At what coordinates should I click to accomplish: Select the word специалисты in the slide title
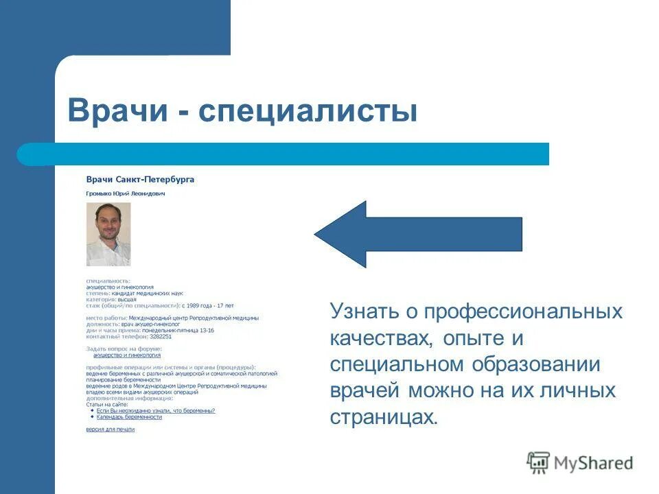tap(308, 111)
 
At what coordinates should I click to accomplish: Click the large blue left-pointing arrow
tap(418, 234)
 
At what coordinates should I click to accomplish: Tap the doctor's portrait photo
tap(108, 234)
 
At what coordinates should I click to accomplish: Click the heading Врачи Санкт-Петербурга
tap(140, 180)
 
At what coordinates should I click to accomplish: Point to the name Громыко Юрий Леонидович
tap(126, 193)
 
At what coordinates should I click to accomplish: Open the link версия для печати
tap(110, 430)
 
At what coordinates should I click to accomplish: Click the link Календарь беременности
tap(129, 417)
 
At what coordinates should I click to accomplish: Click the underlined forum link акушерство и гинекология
tap(127, 355)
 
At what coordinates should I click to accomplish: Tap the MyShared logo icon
tap(538, 463)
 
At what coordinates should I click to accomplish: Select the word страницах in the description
tap(382, 417)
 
